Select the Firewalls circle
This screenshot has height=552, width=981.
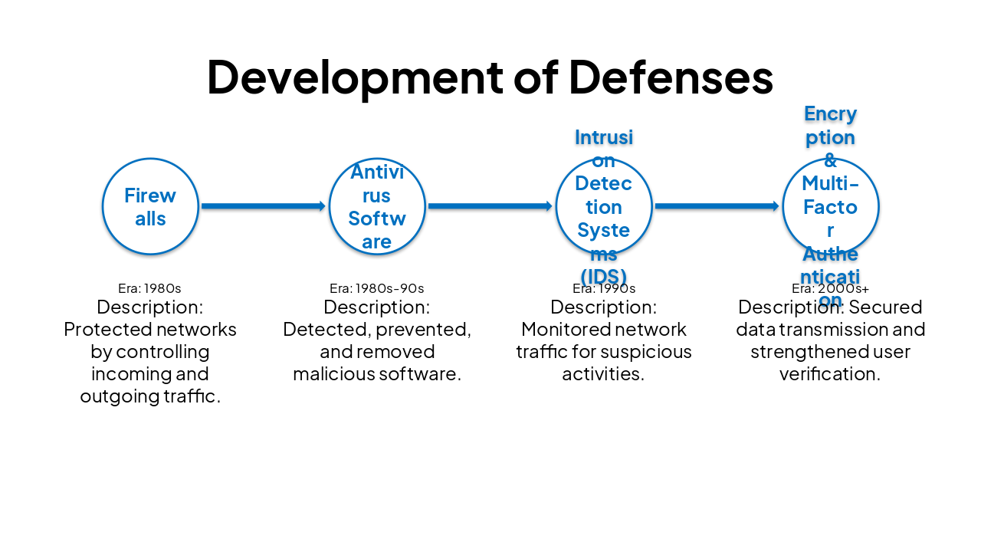150,206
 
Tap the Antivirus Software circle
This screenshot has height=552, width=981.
377,206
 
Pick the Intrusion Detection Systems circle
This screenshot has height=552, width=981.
604,206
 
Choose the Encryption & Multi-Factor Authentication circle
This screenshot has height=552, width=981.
831,206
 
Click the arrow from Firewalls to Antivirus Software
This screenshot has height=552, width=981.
263,206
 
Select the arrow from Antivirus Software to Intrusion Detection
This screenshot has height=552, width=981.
490,206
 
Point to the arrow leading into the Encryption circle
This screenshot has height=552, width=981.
717,206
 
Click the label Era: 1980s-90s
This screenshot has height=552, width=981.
376,288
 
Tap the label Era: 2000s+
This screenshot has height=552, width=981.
830,288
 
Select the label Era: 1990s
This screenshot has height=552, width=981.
604,288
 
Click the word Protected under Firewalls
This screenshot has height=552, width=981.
103,330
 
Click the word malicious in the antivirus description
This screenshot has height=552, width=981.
330,374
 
